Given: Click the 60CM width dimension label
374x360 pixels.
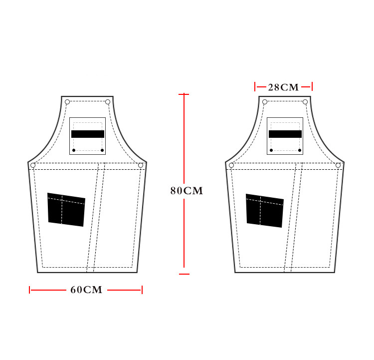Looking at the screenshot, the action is point(86,290).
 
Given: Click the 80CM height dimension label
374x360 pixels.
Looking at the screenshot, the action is point(187,191).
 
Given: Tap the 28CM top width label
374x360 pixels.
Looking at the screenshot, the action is point(283,87).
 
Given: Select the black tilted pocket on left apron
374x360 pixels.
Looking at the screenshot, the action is point(66,210).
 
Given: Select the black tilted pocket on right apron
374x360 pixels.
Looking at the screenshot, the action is point(265,211).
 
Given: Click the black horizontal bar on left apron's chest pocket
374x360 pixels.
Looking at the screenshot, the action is point(88,134).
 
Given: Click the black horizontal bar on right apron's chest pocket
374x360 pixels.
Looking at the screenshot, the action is point(285,134).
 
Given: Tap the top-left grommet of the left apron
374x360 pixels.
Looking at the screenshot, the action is point(67,102).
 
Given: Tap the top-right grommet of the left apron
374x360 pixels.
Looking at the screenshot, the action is point(108,102).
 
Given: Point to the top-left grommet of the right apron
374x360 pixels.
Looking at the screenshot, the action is point(265,102).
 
